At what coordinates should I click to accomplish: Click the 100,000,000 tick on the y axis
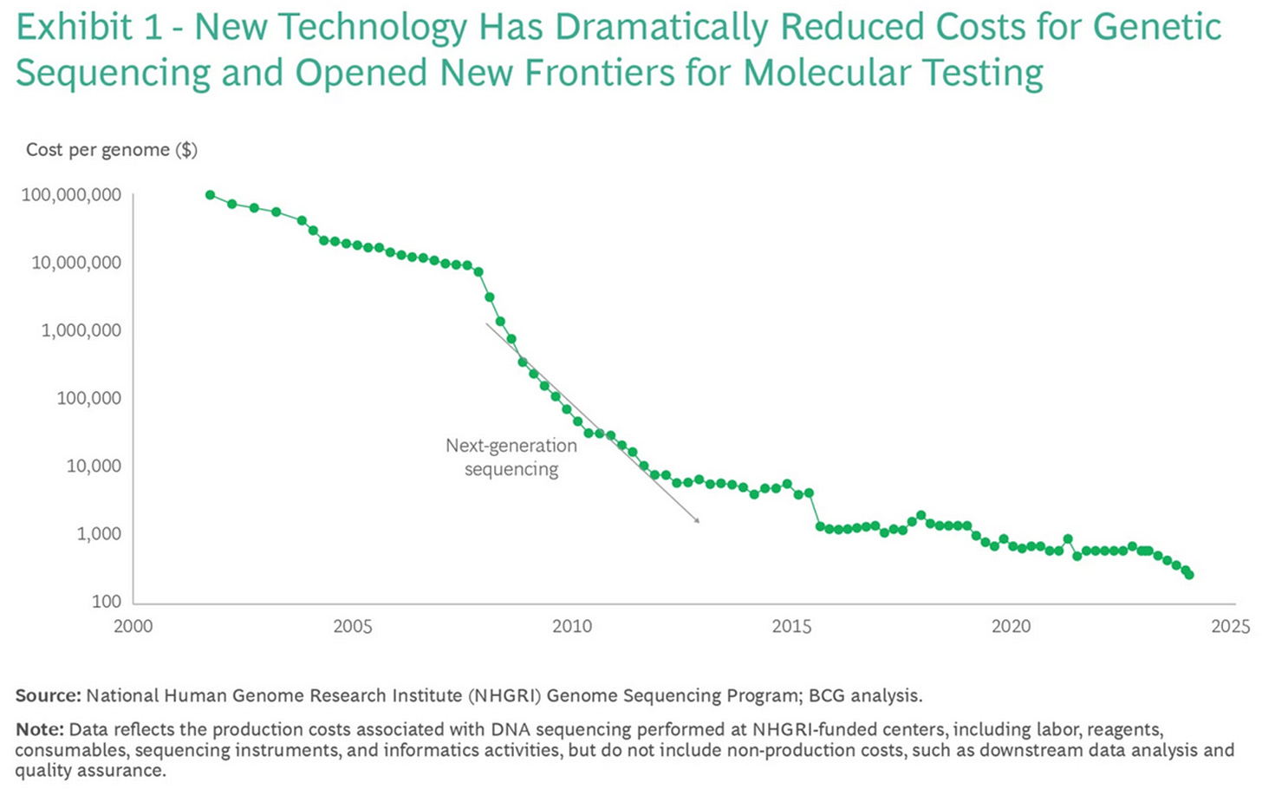[72, 195]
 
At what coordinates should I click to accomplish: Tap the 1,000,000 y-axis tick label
[81, 330]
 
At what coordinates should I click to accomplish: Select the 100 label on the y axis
[107, 602]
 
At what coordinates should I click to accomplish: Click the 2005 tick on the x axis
[353, 626]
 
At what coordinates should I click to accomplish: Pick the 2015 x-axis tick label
[791, 626]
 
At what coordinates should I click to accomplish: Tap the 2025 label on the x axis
[1231, 626]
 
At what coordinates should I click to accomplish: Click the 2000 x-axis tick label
[133, 626]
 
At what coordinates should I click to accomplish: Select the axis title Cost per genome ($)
[112, 150]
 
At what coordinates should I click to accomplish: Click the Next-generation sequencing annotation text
[511, 457]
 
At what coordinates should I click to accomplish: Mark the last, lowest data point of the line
[1188, 575]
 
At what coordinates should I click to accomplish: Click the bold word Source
[48, 695]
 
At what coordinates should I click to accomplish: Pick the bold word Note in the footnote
[39, 728]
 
